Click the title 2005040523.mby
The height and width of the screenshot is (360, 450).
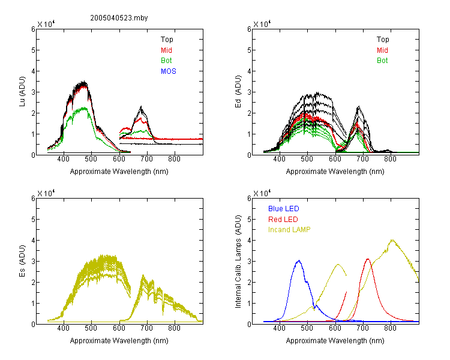click(119, 18)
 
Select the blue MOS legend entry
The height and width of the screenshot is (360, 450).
click(169, 71)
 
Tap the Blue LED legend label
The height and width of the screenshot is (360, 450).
click(284, 209)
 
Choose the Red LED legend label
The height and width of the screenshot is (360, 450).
click(283, 220)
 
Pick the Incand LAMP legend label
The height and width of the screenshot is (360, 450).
click(289, 230)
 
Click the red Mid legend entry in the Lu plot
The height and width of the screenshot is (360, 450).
click(166, 50)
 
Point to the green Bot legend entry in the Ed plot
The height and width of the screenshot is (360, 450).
click(382, 61)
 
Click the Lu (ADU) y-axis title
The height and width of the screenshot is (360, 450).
click(22, 92)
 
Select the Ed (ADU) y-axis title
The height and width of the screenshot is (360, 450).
click(238, 92)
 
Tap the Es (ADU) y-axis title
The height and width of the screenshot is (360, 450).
click(22, 261)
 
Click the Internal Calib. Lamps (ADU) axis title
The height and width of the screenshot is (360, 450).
click(238, 262)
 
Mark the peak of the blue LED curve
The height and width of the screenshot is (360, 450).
click(299, 260)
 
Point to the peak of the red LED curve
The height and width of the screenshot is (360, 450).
click(368, 259)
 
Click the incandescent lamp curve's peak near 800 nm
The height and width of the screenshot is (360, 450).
click(392, 240)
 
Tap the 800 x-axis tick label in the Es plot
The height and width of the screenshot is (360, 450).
click(174, 328)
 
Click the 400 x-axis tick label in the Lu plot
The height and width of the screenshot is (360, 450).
click(64, 159)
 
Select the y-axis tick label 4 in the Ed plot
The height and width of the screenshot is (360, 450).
click(249, 71)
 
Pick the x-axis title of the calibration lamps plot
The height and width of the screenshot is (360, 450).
click(335, 341)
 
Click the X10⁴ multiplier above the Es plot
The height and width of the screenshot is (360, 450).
click(46, 193)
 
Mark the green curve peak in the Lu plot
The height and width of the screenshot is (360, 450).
click(85, 108)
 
